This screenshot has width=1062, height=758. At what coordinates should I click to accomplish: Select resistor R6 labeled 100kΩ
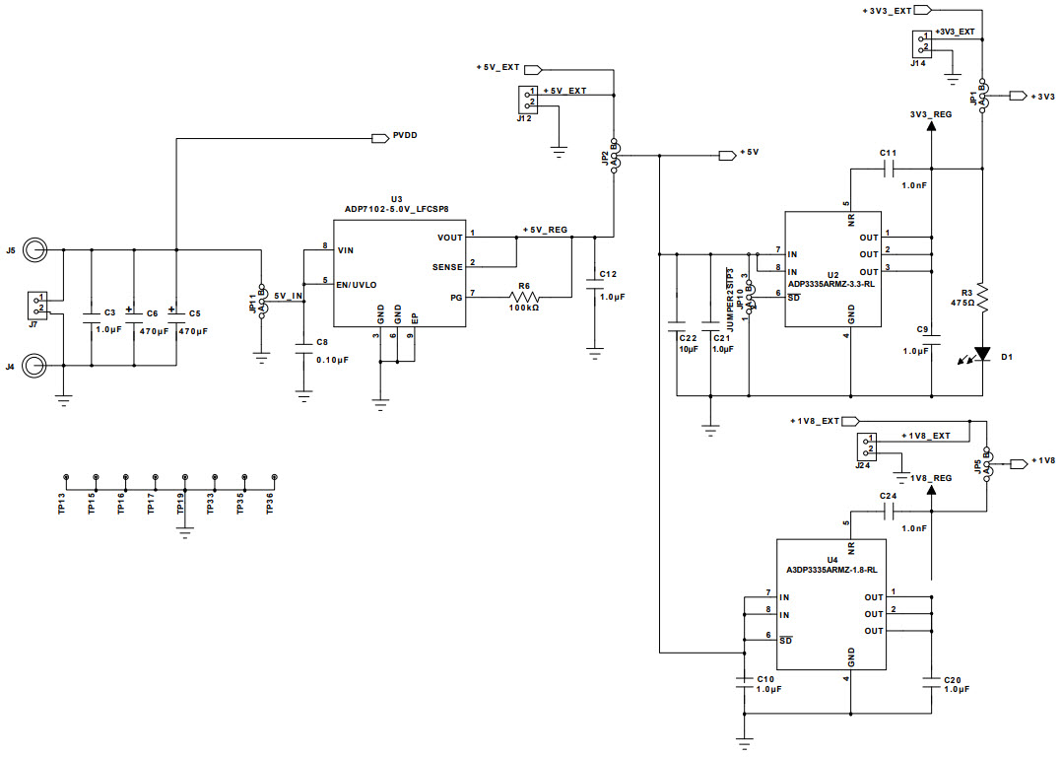pyautogui.click(x=523, y=296)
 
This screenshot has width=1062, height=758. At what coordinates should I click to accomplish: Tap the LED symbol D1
pyautogui.click(x=982, y=353)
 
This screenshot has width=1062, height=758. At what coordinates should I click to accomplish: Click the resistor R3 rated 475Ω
pyautogui.click(x=982, y=294)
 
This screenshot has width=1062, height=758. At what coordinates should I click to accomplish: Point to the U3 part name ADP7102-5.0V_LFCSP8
pyautogui.click(x=396, y=208)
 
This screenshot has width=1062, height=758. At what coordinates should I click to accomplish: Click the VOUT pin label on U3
pyautogui.click(x=448, y=237)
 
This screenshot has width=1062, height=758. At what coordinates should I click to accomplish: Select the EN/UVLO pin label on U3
pyautogui.click(x=357, y=284)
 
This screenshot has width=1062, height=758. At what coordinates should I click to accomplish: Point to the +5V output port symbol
pyautogui.click(x=728, y=154)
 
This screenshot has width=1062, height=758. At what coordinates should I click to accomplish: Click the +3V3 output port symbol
pyautogui.click(x=1019, y=97)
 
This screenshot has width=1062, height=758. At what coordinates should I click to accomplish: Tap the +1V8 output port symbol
pyautogui.click(x=1019, y=461)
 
